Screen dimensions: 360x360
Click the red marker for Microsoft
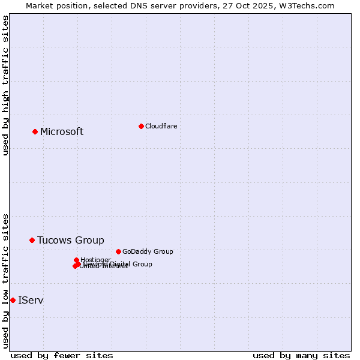click(x=35, y=131)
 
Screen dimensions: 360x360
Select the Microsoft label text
click(x=62, y=132)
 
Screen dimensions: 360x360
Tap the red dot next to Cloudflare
click(x=141, y=126)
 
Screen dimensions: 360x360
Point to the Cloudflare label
click(x=161, y=126)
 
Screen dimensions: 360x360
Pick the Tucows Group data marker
click(x=32, y=240)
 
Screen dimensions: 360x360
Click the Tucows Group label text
click(x=70, y=241)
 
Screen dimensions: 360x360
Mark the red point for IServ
click(x=13, y=300)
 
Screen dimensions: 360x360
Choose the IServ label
click(x=31, y=300)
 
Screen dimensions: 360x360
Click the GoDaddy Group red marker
click(x=118, y=251)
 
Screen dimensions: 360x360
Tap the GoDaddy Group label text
click(x=148, y=252)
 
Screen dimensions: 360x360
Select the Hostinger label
click(x=95, y=260)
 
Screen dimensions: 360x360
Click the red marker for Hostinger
click(x=76, y=260)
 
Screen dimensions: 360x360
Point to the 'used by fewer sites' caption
click(x=62, y=356)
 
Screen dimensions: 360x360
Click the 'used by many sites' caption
click(x=301, y=356)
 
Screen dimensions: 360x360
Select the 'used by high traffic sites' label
click(x=6, y=85)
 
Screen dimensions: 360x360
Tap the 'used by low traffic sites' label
click(x=6, y=281)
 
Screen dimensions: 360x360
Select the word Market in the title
click(x=39, y=5)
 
